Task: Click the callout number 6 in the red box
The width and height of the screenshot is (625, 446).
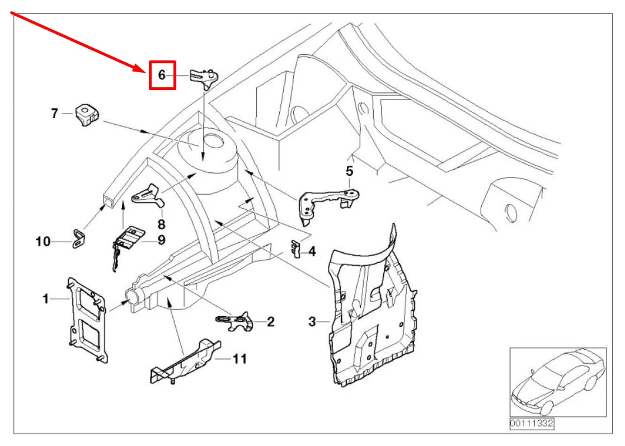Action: pyautogui.click(x=162, y=74)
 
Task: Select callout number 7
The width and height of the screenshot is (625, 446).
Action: pyautogui.click(x=55, y=113)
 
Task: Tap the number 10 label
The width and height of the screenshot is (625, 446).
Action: pyautogui.click(x=43, y=242)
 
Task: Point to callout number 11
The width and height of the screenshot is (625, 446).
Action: pyautogui.click(x=239, y=359)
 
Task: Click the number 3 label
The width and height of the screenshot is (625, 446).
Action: pyautogui.click(x=312, y=321)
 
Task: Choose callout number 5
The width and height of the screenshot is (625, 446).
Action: pyautogui.click(x=349, y=171)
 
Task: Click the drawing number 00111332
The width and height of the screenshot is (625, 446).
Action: pyautogui.click(x=532, y=423)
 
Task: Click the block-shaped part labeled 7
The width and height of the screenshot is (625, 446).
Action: pyautogui.click(x=87, y=114)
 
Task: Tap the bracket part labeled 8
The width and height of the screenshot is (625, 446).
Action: pyautogui.click(x=149, y=196)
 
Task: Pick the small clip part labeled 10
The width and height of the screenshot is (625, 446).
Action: pyautogui.click(x=79, y=238)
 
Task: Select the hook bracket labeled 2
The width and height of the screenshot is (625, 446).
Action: pyautogui.click(x=235, y=321)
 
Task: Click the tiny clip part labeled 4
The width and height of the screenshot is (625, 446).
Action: pyautogui.click(x=295, y=248)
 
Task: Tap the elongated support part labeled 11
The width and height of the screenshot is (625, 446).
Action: pyautogui.click(x=185, y=362)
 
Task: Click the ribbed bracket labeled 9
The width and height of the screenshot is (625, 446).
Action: pyautogui.click(x=127, y=242)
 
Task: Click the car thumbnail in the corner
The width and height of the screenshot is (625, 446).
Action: pyautogui.click(x=558, y=382)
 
